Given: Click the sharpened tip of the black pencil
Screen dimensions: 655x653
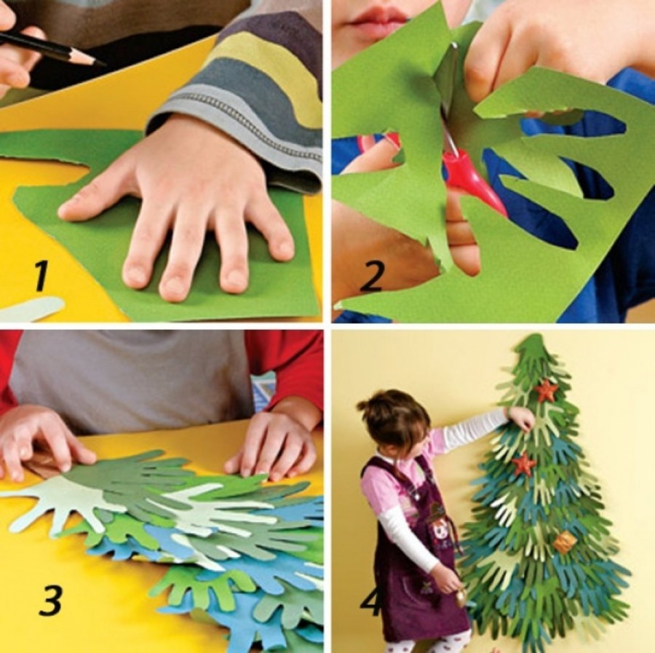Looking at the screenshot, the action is coord(103,64).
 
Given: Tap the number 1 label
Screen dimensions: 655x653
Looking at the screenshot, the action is coord(41,276).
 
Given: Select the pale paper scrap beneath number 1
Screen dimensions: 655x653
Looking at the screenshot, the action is coord(32,308).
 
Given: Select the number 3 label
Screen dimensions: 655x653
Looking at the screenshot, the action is coord(52,601).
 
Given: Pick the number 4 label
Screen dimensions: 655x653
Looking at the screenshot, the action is coord(371,601).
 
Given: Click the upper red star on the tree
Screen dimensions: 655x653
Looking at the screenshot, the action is coord(547,391).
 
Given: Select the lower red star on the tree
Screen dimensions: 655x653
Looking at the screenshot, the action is coord(524,464).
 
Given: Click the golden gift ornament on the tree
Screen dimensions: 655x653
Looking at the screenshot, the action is coord(565,542).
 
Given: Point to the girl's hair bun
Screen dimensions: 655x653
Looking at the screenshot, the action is coord(365,404).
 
